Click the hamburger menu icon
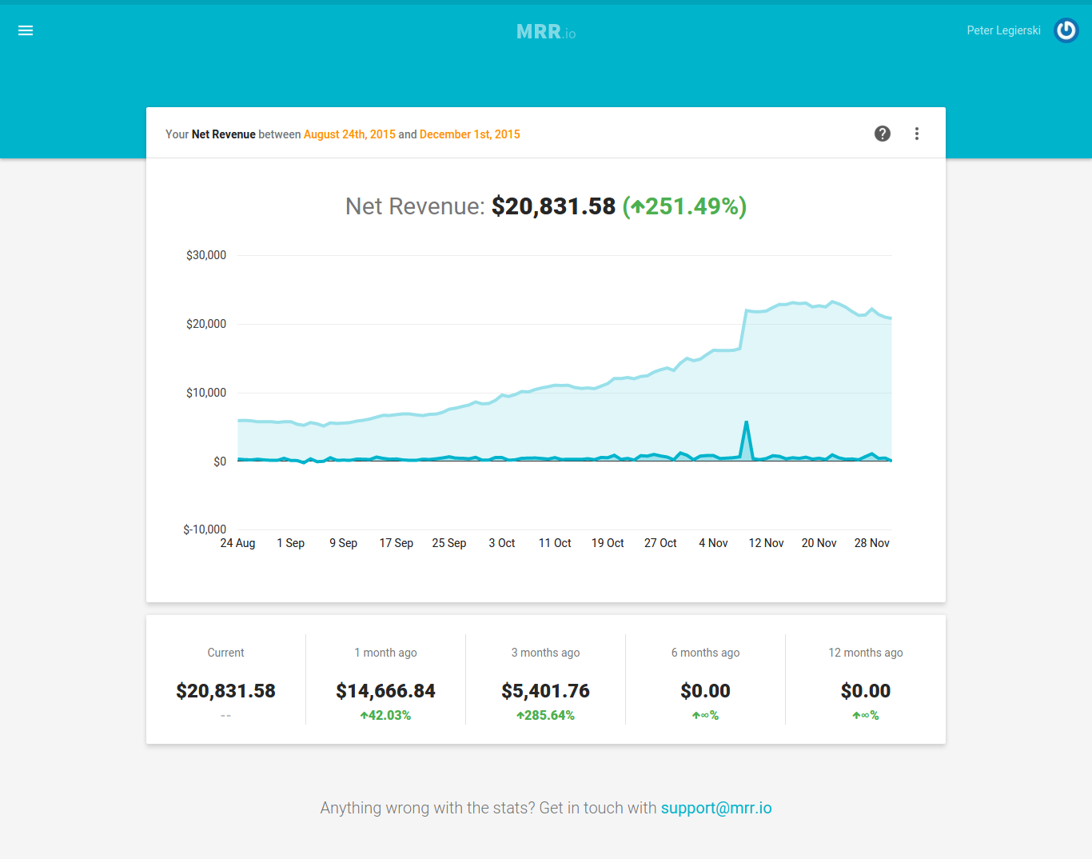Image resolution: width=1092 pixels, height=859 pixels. click(26, 30)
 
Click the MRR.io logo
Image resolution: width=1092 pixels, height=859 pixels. click(545, 32)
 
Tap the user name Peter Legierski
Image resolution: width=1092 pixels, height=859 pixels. click(1003, 30)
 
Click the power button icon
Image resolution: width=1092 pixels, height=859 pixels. click(1066, 30)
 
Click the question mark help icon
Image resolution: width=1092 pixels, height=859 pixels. click(883, 134)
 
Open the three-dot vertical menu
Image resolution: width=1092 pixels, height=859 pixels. click(917, 134)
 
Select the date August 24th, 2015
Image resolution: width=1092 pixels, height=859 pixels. click(349, 134)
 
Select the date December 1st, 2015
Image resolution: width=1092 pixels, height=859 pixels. click(469, 134)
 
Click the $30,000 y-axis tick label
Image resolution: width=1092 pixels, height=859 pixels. click(206, 255)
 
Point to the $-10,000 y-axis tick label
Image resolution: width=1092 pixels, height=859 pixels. click(205, 529)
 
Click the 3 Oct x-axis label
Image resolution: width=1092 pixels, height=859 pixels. click(502, 543)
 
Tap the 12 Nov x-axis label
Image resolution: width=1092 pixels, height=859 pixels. click(766, 543)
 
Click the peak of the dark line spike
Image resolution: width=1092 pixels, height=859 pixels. click(746, 422)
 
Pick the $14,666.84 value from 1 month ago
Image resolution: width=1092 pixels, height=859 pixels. click(385, 691)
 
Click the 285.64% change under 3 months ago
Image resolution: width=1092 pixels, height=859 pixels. click(545, 715)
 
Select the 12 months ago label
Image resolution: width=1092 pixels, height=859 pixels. click(865, 653)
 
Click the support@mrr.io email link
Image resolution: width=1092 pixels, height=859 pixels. click(716, 808)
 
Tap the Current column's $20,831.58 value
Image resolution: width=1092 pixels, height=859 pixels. click(225, 691)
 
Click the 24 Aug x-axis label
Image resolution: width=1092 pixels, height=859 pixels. click(237, 543)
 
